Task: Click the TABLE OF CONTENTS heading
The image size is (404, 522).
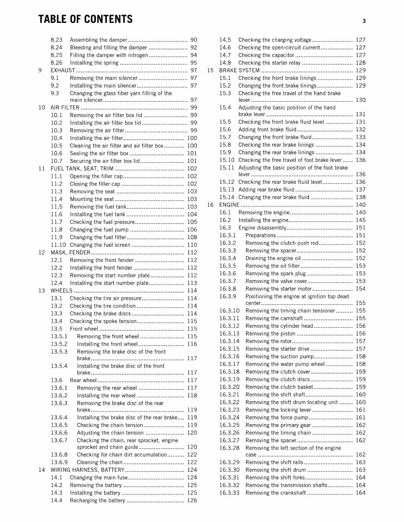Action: [x=85, y=19]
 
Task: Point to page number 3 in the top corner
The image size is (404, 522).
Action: [x=364, y=21]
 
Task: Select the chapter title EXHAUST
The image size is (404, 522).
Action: [x=63, y=70]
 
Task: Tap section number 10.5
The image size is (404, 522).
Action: [x=57, y=146]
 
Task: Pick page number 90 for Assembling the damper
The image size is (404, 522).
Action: [x=194, y=40]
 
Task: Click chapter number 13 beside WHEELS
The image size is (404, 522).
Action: [x=41, y=290]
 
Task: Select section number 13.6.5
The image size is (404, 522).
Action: [x=59, y=425]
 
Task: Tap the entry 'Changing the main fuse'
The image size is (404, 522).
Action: [x=99, y=478]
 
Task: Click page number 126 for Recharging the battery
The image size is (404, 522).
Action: [x=192, y=500]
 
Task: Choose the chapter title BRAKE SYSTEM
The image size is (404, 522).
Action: [x=239, y=70]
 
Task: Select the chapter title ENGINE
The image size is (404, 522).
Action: [x=229, y=205]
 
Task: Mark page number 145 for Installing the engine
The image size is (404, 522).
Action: [x=360, y=220]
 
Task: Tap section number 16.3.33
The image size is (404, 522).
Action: [x=229, y=493]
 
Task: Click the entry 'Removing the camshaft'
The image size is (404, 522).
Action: [x=274, y=318]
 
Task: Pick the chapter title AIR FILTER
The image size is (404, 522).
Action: [x=65, y=107]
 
